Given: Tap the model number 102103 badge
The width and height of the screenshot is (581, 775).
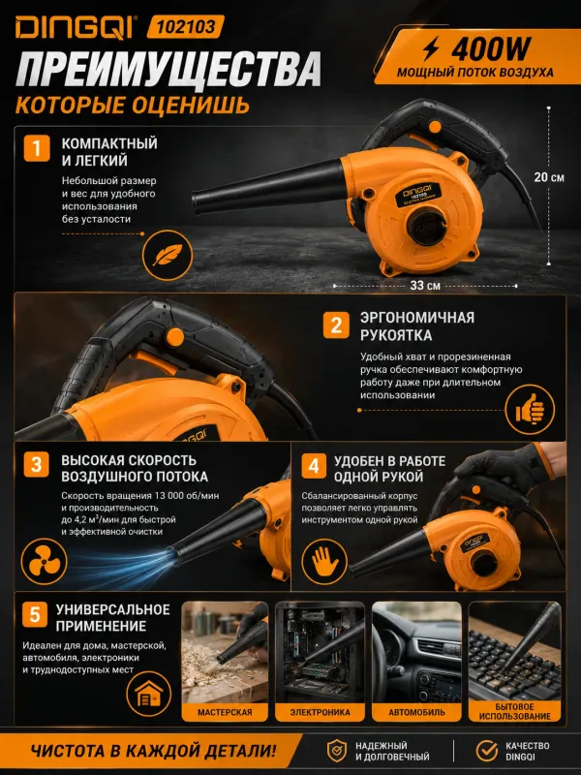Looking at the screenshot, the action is click(x=186, y=27).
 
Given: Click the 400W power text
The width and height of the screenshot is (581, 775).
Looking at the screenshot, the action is click(x=490, y=48).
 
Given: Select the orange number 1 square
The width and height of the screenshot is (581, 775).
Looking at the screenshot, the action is click(x=37, y=148).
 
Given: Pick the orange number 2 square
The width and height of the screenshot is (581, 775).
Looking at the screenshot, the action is click(x=336, y=325).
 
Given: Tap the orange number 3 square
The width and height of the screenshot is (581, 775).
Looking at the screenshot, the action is click(x=37, y=465).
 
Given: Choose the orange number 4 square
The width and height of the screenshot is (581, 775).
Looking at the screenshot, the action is click(x=314, y=466).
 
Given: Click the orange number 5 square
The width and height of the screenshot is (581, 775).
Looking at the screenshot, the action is click(x=35, y=614).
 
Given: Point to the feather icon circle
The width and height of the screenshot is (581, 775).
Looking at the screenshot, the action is click(x=168, y=256).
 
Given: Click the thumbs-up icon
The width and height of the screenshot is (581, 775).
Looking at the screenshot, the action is click(x=530, y=409).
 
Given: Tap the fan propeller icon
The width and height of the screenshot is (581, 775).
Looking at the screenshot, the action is click(x=44, y=561).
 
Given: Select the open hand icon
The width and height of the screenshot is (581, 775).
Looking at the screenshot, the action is click(x=324, y=562).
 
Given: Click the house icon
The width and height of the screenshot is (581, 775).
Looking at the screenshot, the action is click(x=149, y=694).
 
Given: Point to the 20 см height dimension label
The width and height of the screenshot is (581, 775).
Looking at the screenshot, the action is click(x=548, y=177).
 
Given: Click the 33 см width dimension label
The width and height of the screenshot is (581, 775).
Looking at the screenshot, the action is click(x=425, y=285).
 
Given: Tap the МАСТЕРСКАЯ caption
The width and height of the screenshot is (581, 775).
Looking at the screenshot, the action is click(x=225, y=712).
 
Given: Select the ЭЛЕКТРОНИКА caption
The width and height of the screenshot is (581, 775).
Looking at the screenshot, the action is click(x=320, y=712).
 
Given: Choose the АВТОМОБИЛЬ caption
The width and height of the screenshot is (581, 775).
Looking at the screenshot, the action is click(x=416, y=712).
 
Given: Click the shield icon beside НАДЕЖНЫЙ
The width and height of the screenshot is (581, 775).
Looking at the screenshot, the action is click(x=337, y=751).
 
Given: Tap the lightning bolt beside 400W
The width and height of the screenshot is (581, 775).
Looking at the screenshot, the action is click(x=431, y=48).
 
